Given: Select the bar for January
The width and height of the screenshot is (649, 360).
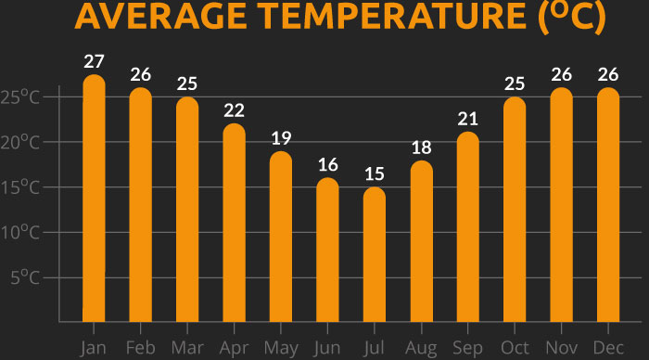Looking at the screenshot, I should (94, 199).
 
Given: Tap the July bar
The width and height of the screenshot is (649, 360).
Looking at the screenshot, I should (375, 254).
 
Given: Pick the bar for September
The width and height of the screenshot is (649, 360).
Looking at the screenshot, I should (468, 227).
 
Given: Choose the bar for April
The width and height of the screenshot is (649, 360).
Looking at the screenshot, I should (235, 223).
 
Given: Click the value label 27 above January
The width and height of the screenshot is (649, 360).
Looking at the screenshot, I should (94, 61).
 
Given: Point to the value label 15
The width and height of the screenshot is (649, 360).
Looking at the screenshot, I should (375, 174).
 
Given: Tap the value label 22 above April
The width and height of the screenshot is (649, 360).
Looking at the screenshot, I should (235, 110).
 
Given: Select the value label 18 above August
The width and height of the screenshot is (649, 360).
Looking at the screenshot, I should (422, 148).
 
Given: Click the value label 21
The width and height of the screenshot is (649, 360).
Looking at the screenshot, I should (468, 119).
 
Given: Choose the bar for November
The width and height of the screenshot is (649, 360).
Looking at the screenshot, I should (562, 204).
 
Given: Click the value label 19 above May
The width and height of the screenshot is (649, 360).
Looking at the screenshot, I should (281, 138).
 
